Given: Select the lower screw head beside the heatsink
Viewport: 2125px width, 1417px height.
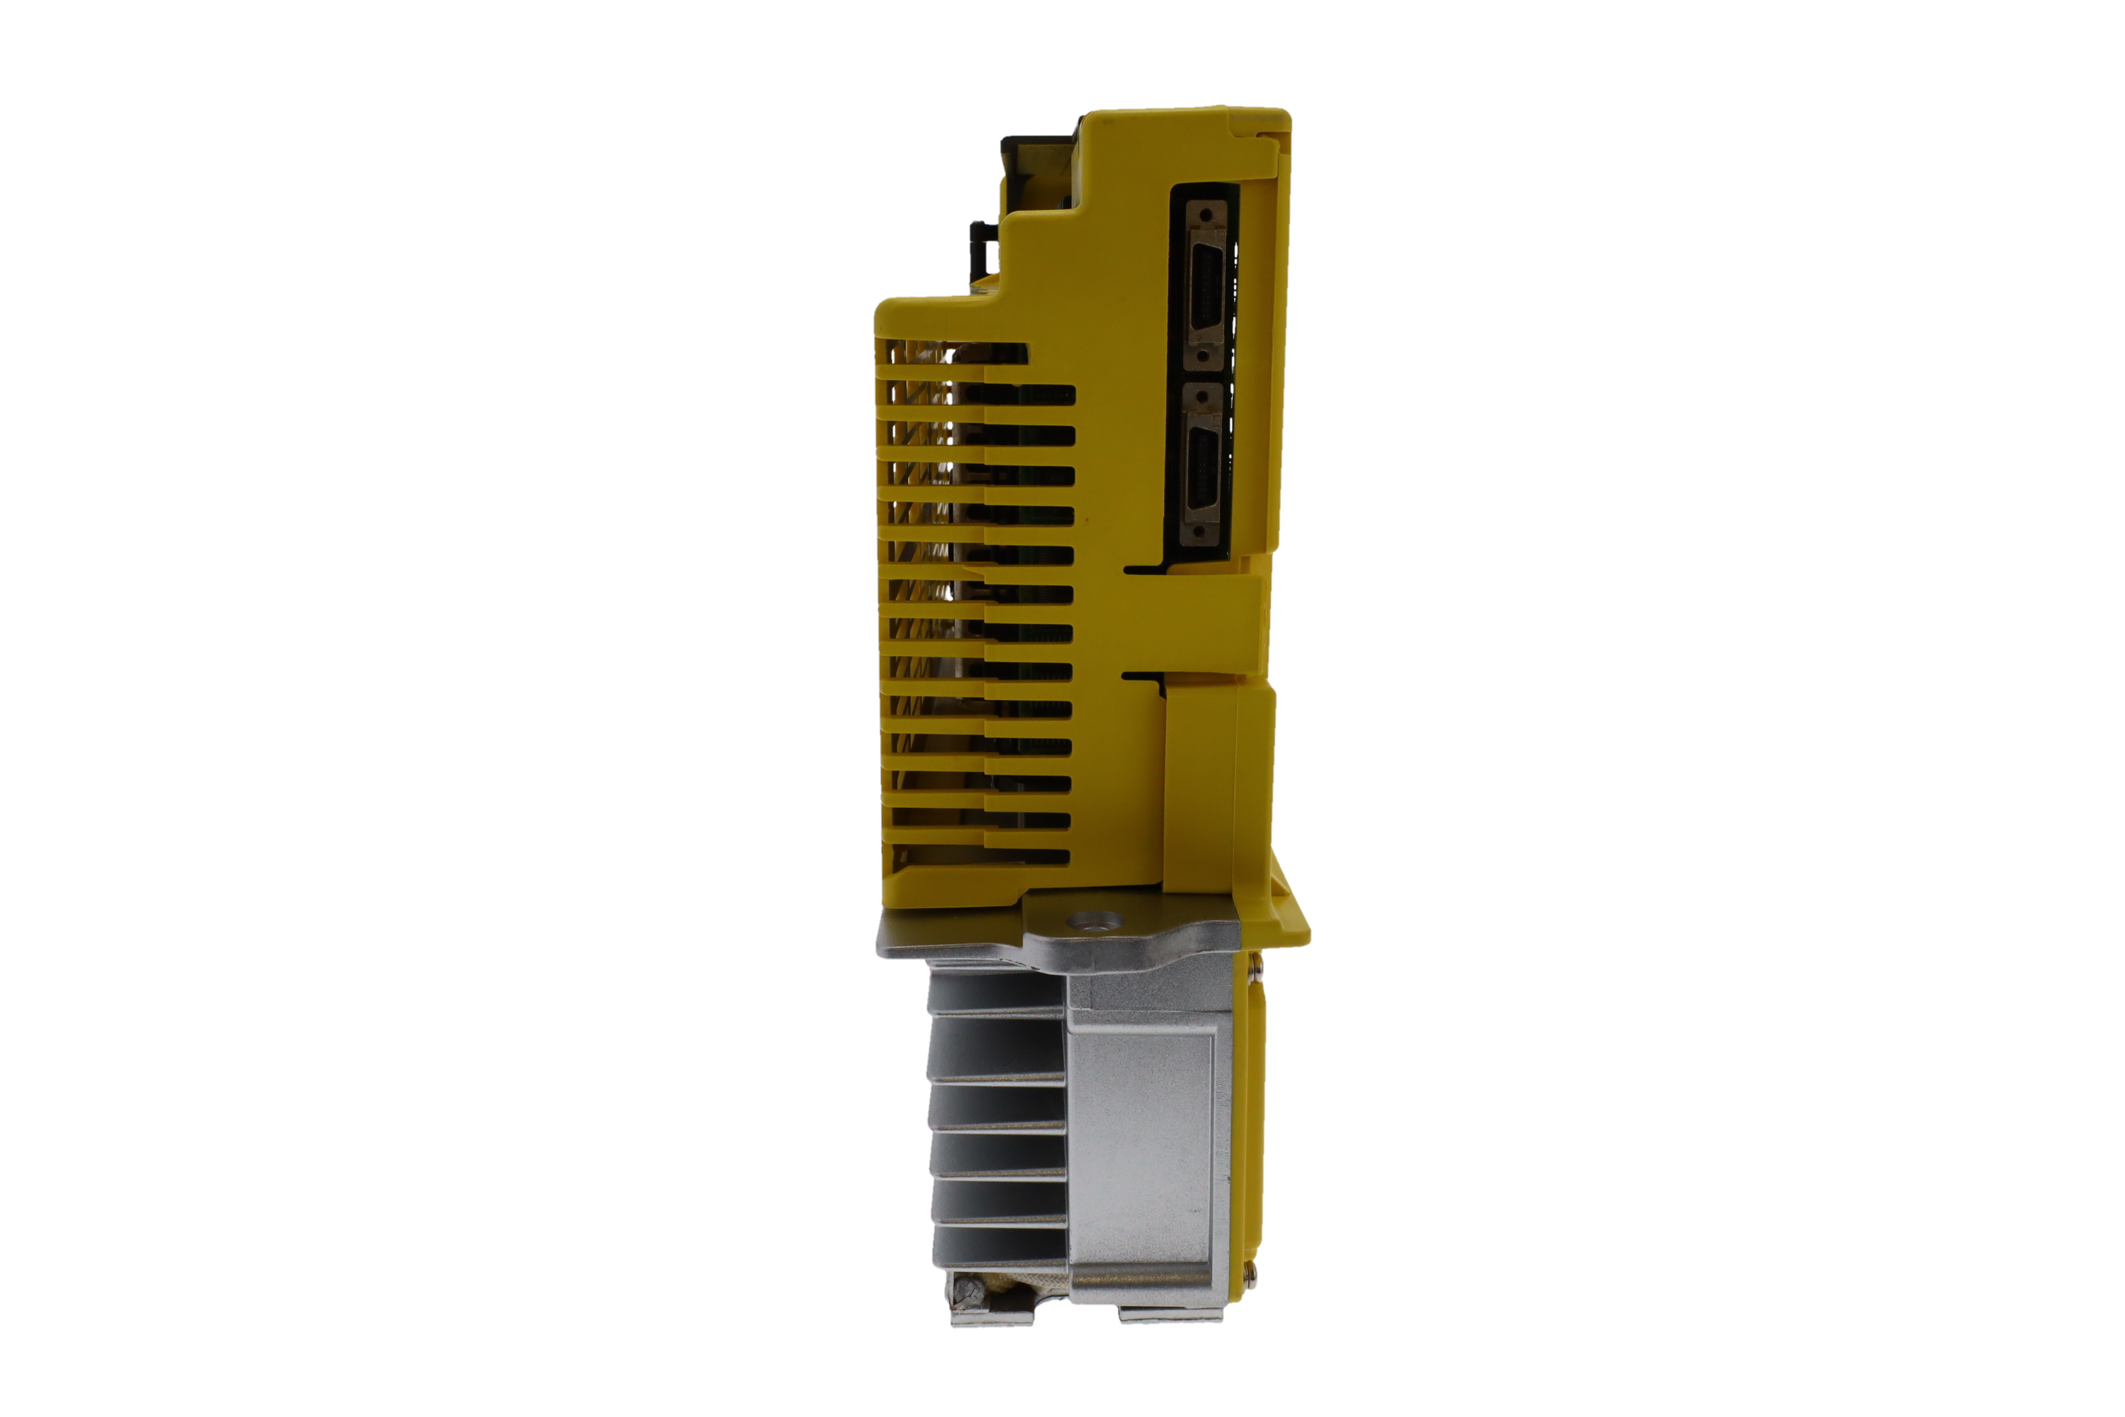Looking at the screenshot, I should pyautogui.click(x=1250, y=1273).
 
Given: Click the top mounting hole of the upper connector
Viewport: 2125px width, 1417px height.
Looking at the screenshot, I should pyautogui.click(x=1206, y=216).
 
